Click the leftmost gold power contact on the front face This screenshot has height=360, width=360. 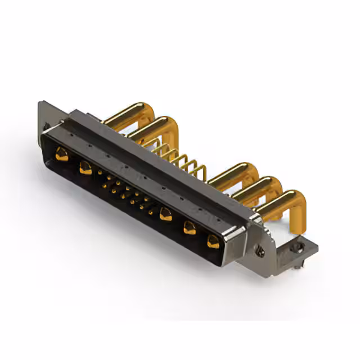coord(61,154)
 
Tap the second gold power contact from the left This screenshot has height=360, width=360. coord(85,167)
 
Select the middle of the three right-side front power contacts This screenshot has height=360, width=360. coord(190,228)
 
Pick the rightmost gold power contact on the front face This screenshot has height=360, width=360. coord(213,241)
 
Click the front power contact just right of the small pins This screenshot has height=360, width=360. coord(165,214)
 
